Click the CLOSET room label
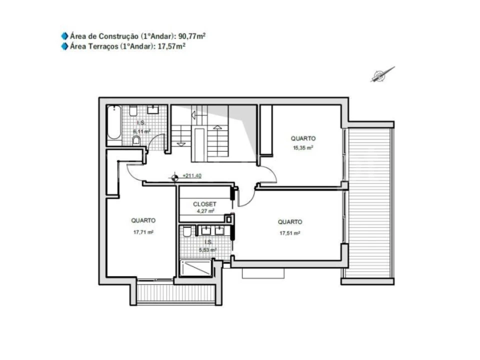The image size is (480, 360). coord(204,204)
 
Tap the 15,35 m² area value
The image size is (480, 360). coord(303,148)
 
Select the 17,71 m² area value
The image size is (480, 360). coord(143,232)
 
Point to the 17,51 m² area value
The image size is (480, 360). coord(290,233)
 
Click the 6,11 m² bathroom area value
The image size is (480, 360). coord(141,131)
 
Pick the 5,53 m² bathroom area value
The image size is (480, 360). coord(208,250)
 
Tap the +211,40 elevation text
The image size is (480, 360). coord(192,175)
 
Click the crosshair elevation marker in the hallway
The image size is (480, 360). coord(175,177)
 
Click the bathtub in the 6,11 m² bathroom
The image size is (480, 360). coord(114,122)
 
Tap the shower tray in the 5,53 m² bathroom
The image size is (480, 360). coord(195,268)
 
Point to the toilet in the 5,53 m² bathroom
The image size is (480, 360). coord(187,231)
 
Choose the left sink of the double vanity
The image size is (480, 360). coord(206,230)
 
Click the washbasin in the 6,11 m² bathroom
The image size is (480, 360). coord(153,109)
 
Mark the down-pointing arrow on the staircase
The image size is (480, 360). coord(181,144)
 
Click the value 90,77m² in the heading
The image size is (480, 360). coord(192,36)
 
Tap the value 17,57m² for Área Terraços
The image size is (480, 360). coord(171,46)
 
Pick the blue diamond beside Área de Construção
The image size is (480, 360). coord(64,36)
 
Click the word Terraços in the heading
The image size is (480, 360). coord(103,46)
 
